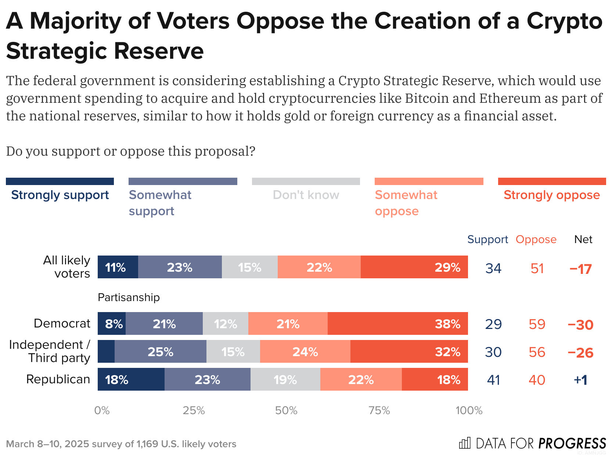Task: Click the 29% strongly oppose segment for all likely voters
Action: [414, 267]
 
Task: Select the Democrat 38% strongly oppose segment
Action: [397, 323]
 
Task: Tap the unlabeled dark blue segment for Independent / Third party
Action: [106, 351]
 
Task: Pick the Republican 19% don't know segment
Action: [285, 379]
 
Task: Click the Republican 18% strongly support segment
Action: [131, 379]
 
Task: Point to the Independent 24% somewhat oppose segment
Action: [305, 351]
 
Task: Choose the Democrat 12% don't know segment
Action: [225, 323]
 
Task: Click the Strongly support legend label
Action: [60, 195]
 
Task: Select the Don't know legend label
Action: [306, 195]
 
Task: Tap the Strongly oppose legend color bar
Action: [552, 181]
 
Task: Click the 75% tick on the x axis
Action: [379, 410]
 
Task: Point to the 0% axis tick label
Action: [102, 410]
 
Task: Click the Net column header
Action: [583, 239]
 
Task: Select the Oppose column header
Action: [536, 239]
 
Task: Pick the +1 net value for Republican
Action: [580, 380]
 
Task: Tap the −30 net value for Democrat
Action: [580, 325]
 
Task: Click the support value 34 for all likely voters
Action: [493, 268]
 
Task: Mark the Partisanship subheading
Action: [129, 297]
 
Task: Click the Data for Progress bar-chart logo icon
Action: [465, 443]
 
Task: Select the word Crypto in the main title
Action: [564, 21]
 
